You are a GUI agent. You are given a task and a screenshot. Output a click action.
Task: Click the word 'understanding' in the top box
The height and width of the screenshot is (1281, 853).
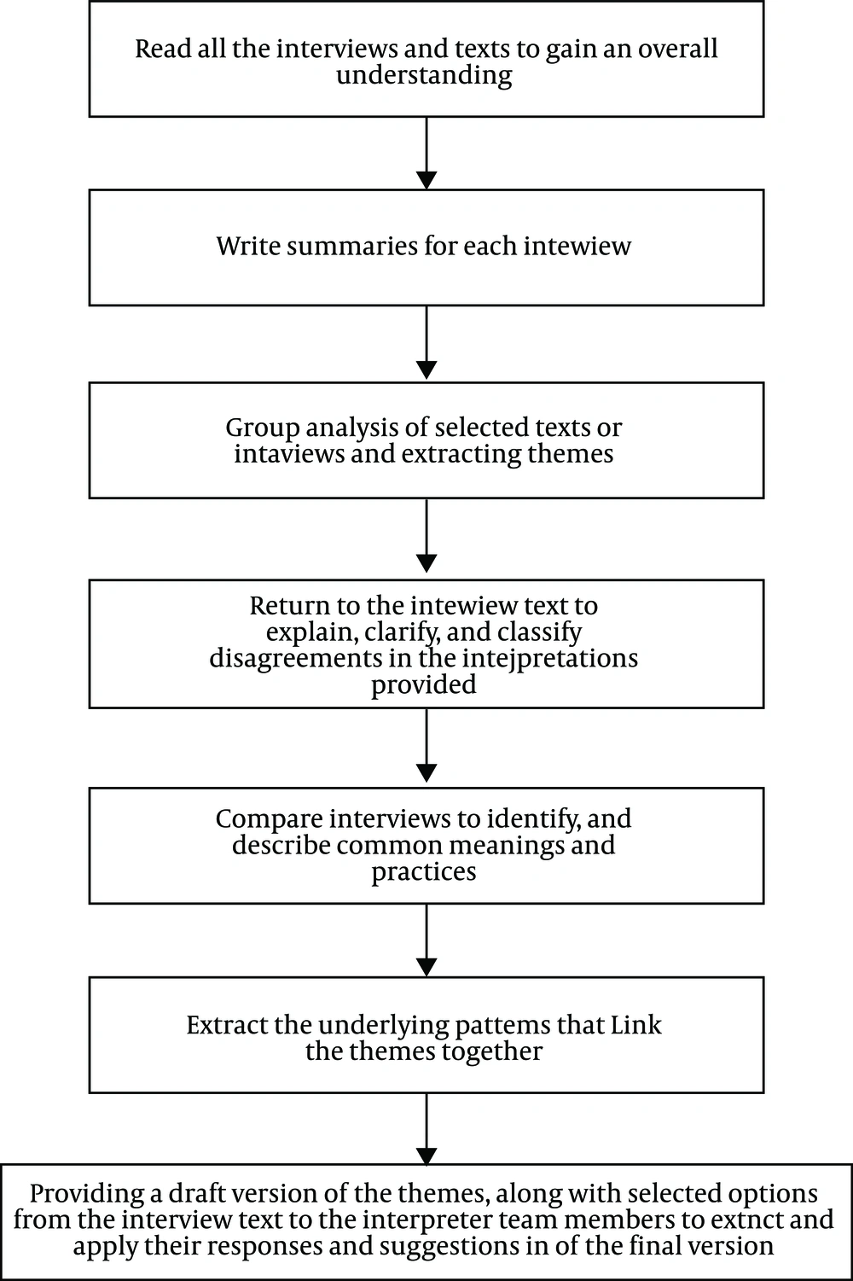424,76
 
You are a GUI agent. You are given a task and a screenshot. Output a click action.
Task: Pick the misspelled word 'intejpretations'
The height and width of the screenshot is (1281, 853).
550,658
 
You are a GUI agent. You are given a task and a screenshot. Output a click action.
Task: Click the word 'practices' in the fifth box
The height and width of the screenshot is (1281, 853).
424,872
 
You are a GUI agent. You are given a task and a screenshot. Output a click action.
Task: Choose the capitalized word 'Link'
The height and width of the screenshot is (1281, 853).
635,1025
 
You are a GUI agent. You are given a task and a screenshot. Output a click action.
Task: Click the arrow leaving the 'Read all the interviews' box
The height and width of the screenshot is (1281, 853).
426,154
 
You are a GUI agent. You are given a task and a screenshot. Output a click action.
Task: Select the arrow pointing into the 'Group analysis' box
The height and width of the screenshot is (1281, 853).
426,342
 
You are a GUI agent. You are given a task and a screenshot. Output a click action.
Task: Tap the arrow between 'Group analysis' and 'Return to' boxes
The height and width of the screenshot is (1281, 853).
426,536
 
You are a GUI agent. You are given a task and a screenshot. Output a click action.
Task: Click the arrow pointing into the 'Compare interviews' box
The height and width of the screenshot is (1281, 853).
426,745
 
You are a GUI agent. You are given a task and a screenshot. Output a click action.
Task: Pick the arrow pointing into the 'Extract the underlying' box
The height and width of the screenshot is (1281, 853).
426,940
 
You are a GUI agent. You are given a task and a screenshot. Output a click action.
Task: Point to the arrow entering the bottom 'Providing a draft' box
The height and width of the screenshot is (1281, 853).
426,1129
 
